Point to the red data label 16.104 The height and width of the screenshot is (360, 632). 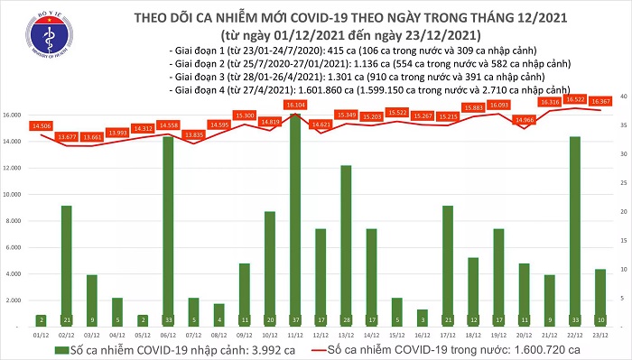point(294,106)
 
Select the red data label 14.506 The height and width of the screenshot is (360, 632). point(41,125)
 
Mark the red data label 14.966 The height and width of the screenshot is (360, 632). point(524,120)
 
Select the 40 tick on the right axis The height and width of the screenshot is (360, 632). point(622,97)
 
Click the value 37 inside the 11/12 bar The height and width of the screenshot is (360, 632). point(294,318)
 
